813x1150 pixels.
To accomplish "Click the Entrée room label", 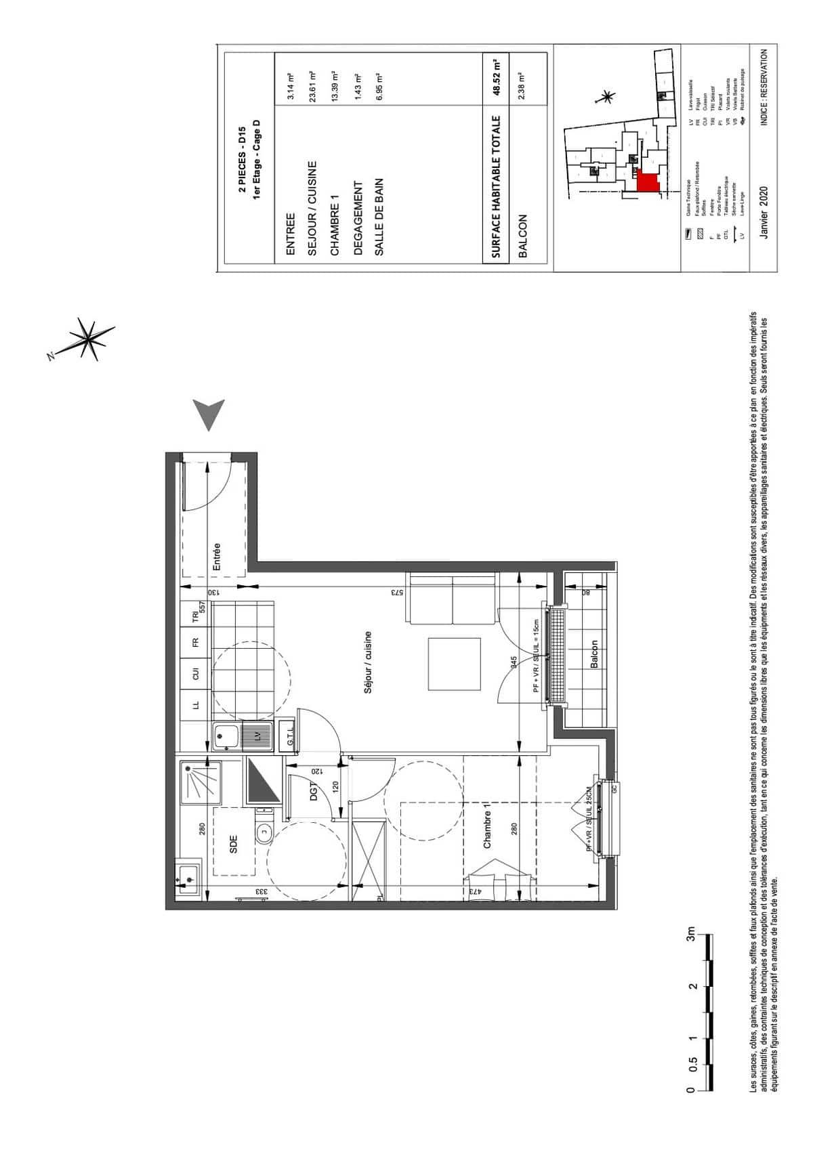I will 217,557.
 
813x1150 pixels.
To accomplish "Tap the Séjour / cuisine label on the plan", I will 369,662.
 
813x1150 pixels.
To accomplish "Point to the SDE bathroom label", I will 233,843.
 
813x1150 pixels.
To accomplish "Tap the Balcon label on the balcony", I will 593,655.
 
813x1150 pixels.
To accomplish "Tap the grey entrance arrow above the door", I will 209,414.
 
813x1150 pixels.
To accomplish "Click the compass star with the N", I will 87,337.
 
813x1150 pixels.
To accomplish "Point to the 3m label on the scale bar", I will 691,937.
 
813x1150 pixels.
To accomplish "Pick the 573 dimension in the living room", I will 396,592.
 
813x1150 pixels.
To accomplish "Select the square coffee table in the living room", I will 455,663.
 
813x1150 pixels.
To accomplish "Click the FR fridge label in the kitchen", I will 195,641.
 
